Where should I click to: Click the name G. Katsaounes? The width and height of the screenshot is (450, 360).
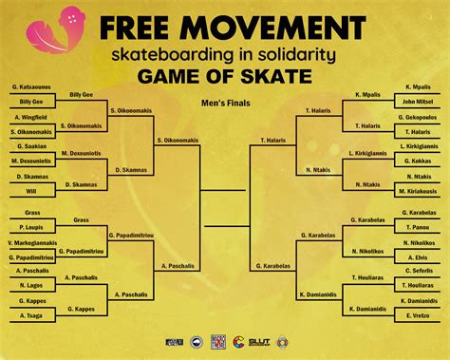(x=30, y=87)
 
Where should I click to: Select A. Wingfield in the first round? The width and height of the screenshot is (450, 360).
(x=30, y=117)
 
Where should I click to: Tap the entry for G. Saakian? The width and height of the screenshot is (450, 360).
(x=30, y=146)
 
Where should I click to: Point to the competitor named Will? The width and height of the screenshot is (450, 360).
(x=30, y=191)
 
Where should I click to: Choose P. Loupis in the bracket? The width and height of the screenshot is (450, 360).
(x=30, y=228)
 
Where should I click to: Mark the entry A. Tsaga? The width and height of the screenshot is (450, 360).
(x=30, y=316)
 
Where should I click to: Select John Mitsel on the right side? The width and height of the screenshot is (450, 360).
(x=417, y=101)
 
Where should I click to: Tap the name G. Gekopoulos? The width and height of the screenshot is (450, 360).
(x=417, y=117)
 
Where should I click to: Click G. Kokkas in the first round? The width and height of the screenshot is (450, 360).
(x=417, y=161)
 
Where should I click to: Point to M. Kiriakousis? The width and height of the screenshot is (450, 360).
(x=417, y=191)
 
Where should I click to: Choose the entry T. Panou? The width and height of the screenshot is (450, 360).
(x=417, y=228)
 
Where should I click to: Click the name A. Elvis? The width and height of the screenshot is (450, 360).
(x=417, y=257)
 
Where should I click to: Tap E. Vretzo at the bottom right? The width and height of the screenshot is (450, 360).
(x=417, y=316)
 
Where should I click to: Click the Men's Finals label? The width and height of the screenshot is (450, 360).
(x=224, y=102)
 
